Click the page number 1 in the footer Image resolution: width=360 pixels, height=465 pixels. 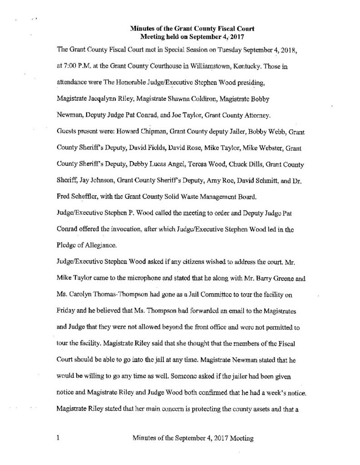tap(59, 438)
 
